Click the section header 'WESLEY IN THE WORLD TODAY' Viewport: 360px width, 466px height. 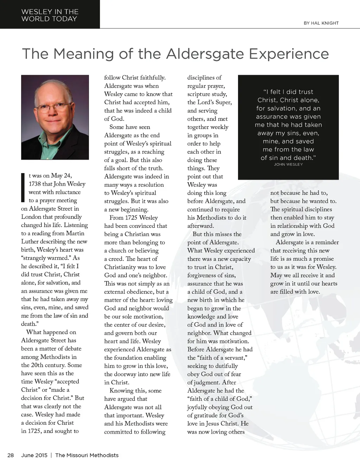[x=50, y=15]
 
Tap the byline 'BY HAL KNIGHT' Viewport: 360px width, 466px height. [x=321, y=23]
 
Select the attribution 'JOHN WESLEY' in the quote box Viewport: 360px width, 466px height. [x=288, y=164]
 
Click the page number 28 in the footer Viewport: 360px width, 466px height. [x=11, y=455]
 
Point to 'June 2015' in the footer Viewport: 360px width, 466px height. [x=34, y=455]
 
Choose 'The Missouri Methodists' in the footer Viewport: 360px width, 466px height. [x=87, y=455]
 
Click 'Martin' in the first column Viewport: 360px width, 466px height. [x=75, y=234]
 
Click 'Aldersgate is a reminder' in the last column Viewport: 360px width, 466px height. [x=307, y=242]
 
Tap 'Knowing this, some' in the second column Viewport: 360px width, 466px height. [x=136, y=391]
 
